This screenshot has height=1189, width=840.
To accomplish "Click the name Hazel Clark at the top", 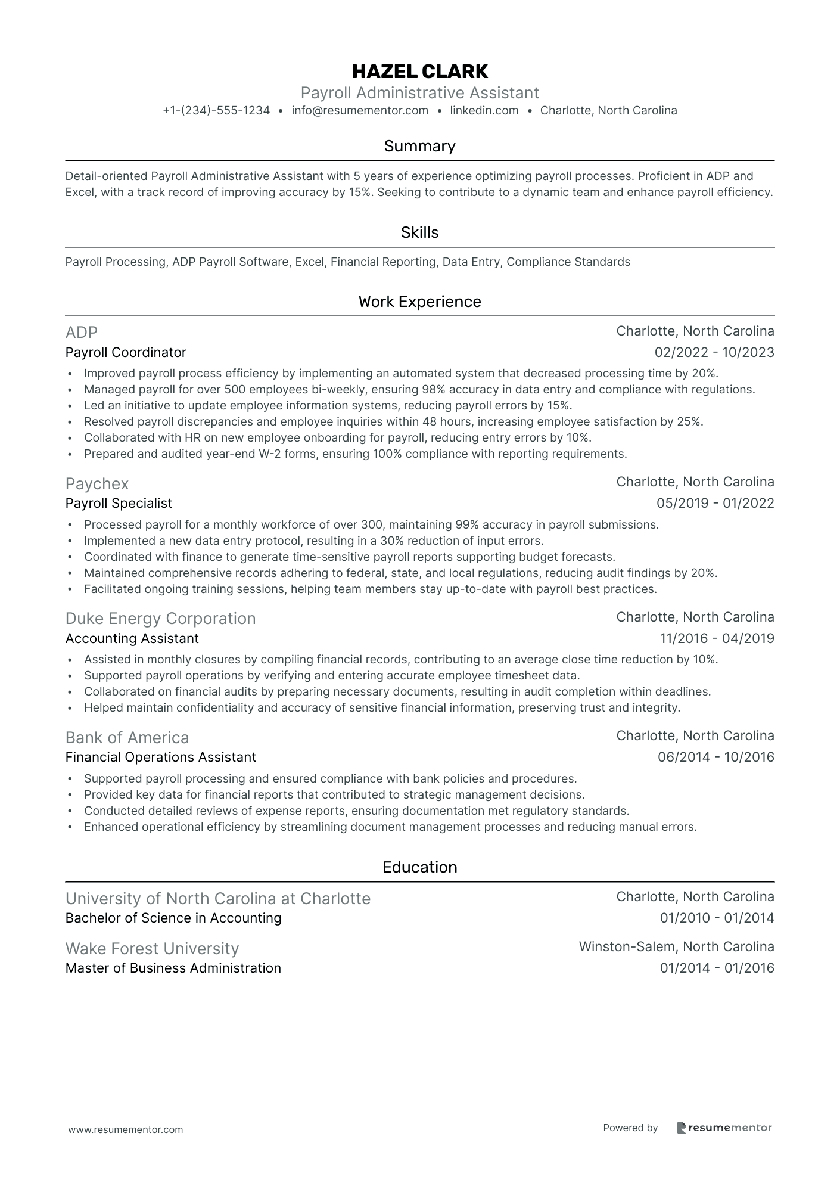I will click(x=419, y=72).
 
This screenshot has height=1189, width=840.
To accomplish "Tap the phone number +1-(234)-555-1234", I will click(x=216, y=110).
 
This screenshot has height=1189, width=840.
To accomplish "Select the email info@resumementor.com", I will click(x=360, y=110).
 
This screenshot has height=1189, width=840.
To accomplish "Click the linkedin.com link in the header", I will click(x=484, y=110).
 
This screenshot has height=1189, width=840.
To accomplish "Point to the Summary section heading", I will click(x=419, y=146).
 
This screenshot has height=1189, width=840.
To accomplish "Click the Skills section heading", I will click(x=419, y=232).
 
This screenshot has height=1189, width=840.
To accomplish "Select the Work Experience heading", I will click(x=419, y=302).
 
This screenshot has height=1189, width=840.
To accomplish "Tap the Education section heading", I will click(x=419, y=867).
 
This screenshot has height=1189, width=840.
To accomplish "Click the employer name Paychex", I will click(x=97, y=483).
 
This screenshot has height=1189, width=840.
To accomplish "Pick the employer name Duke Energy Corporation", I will click(x=160, y=618).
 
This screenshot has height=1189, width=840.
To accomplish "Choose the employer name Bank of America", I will click(x=127, y=737).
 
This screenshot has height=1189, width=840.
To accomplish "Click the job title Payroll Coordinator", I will click(x=126, y=352).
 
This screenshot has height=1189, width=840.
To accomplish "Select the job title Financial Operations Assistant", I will click(x=160, y=757).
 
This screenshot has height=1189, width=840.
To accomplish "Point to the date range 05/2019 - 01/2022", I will click(x=715, y=503).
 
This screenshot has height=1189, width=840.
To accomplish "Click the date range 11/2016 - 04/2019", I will click(x=717, y=638).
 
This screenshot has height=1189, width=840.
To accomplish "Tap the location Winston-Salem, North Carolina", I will click(x=676, y=946).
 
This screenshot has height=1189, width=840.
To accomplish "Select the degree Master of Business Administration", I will click(x=173, y=968).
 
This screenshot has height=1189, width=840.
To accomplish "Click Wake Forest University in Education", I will click(x=152, y=948).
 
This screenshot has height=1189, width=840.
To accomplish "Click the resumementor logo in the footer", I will click(x=724, y=1128).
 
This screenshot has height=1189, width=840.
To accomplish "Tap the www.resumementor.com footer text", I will click(x=126, y=1129).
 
